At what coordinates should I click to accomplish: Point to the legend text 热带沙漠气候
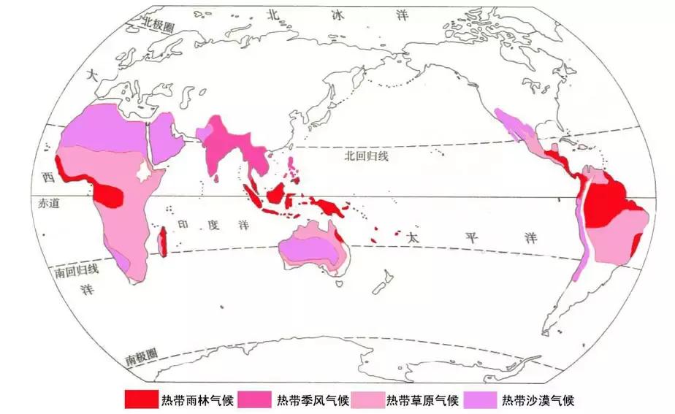click(x=539, y=399)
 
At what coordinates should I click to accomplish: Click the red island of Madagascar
click(x=164, y=241)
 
